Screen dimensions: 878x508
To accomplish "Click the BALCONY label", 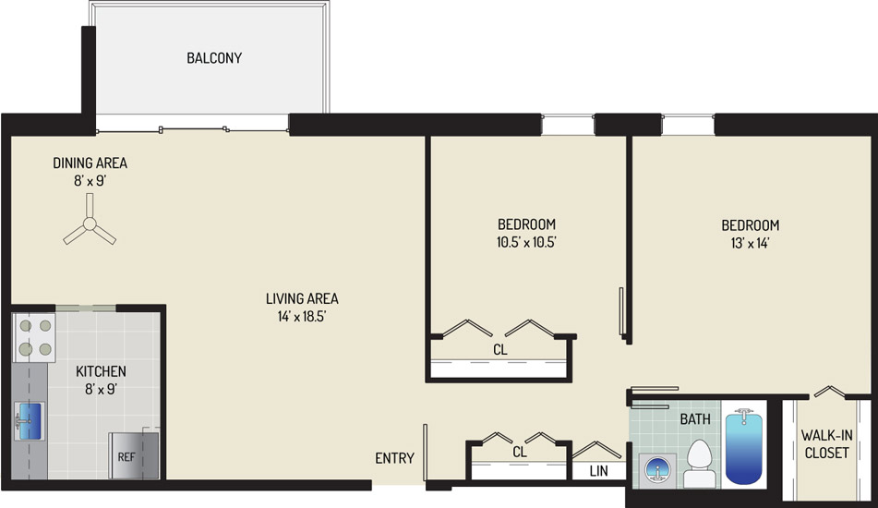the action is pyautogui.click(x=214, y=57).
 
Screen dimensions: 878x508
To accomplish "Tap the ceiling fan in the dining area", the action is pyautogui.click(x=90, y=224).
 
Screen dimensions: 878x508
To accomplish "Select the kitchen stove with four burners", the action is pyautogui.click(x=35, y=338).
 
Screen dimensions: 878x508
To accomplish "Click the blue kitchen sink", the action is pyautogui.click(x=30, y=421).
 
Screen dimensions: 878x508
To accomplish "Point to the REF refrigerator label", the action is pyautogui.click(x=126, y=457).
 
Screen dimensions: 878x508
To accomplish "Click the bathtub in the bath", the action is pyautogui.click(x=743, y=446).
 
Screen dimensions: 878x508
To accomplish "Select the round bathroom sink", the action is pyautogui.click(x=657, y=469).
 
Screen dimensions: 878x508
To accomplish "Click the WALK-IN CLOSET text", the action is pyautogui.click(x=826, y=443).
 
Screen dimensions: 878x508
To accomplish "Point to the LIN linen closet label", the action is pyautogui.click(x=598, y=471).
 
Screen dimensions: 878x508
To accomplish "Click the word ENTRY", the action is pyautogui.click(x=395, y=458).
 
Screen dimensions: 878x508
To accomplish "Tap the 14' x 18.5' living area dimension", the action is pyautogui.click(x=302, y=317).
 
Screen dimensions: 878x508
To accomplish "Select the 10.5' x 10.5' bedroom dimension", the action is pyautogui.click(x=526, y=243).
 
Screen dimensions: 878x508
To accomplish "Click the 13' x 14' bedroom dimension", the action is pyautogui.click(x=751, y=243).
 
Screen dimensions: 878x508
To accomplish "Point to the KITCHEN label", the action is pyautogui.click(x=101, y=371).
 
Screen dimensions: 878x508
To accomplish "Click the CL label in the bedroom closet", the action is pyautogui.click(x=500, y=349).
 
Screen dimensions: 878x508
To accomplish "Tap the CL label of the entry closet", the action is pyautogui.click(x=520, y=452).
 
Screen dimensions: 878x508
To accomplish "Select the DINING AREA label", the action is pyautogui.click(x=90, y=163).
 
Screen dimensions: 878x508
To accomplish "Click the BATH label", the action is pyautogui.click(x=695, y=419).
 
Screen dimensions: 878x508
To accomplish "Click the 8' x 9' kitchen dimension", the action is pyautogui.click(x=101, y=389).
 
